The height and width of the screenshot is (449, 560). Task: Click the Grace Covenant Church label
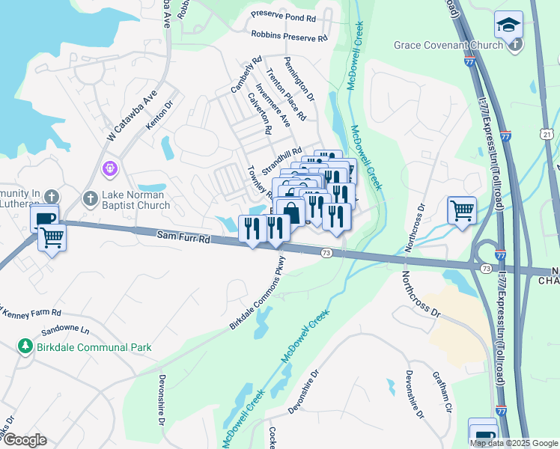tap(448, 45)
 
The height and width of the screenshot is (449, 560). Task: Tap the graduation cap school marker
tap(509, 25)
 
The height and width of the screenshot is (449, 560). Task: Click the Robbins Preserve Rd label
tap(290, 35)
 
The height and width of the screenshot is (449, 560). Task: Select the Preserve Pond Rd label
tap(284, 15)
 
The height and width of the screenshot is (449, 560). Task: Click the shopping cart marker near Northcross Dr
tap(462, 210)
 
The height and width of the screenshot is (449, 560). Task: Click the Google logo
tap(25, 440)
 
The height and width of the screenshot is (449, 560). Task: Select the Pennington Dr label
tap(299, 79)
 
